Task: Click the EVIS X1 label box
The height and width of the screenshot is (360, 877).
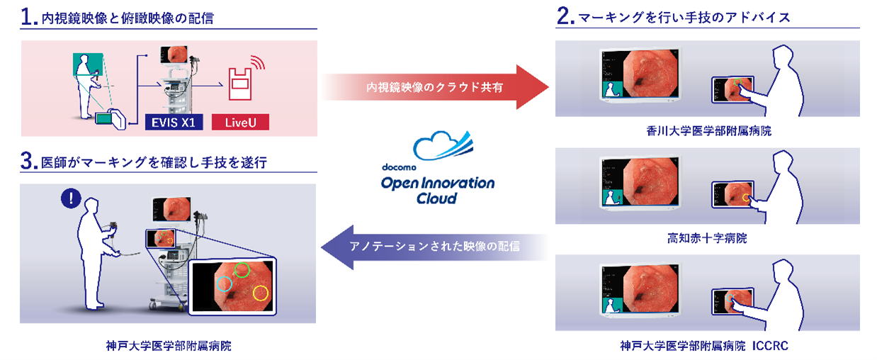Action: (171, 122)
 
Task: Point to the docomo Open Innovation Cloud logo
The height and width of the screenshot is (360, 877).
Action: (438, 170)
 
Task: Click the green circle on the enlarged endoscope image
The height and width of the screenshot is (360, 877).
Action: (242, 269)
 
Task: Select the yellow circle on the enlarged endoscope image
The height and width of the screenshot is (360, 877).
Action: (261, 292)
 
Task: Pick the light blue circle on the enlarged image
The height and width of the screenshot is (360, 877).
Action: (224, 284)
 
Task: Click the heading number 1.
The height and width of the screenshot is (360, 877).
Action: (28, 18)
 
